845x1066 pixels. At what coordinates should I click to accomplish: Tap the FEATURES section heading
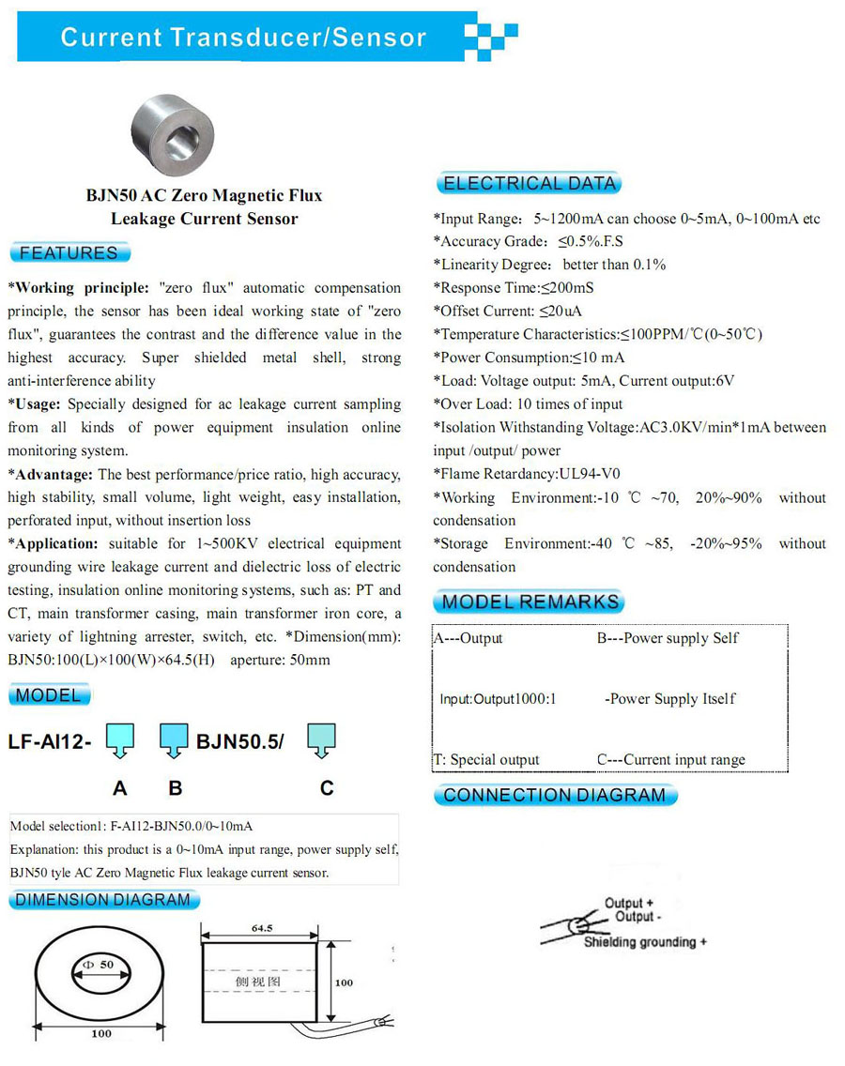pos(69,252)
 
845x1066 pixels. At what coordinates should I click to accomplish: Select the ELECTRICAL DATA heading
pos(529,184)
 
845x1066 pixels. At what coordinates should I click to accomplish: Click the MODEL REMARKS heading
pos(530,602)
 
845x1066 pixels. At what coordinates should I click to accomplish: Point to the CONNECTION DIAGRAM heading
pos(554,796)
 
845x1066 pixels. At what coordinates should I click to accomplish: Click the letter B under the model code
pos(175,788)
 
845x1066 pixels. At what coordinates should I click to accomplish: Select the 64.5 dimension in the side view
pos(262,928)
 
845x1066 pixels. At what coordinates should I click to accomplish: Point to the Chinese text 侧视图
pos(258,982)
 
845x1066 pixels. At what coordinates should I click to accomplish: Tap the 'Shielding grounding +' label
pos(645,942)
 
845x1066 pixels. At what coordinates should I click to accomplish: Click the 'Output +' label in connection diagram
pos(629,904)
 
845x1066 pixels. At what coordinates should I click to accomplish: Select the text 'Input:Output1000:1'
pos(498,699)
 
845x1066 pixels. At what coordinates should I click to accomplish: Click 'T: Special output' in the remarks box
pos(486,760)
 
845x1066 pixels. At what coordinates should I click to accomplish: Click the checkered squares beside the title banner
pos(491,38)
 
